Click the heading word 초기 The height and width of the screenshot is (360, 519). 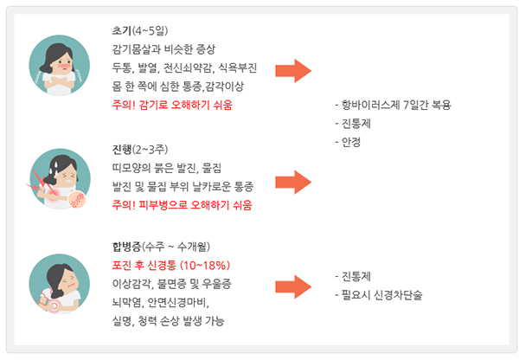(121, 29)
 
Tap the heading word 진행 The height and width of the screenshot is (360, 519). (121, 148)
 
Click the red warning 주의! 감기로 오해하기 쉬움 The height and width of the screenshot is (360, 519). (172, 106)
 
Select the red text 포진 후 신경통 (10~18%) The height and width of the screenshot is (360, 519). (170, 264)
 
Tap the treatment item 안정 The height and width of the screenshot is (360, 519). (350, 142)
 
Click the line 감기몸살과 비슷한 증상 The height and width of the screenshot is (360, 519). (163, 48)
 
